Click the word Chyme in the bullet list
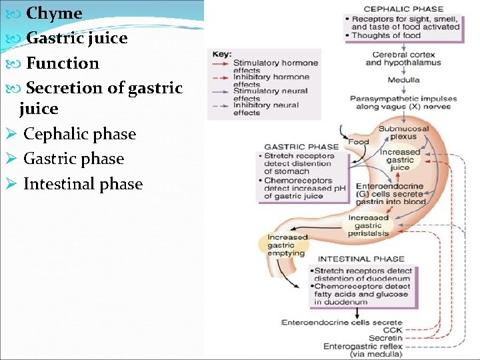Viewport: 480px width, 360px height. (x=53, y=13)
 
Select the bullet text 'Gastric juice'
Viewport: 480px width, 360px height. (x=76, y=38)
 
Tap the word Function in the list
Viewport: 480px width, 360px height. (x=62, y=63)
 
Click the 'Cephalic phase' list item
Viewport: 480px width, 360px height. (x=79, y=134)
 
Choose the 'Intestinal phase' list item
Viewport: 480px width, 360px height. (x=83, y=184)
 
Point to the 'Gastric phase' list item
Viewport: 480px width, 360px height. (x=73, y=159)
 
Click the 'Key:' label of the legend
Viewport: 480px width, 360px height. (x=222, y=53)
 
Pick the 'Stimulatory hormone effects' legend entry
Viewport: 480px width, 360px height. (x=275, y=66)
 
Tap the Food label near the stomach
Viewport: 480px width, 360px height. (x=358, y=141)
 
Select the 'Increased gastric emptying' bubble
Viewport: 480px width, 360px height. (x=287, y=245)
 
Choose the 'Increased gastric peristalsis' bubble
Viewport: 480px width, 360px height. (x=367, y=225)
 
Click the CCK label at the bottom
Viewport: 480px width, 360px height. (x=393, y=330)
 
